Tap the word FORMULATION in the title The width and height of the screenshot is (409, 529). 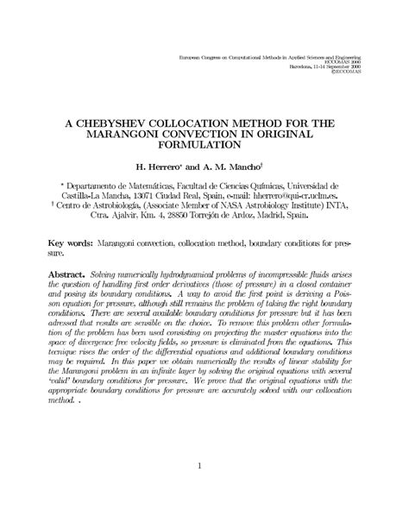click(x=204, y=149)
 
